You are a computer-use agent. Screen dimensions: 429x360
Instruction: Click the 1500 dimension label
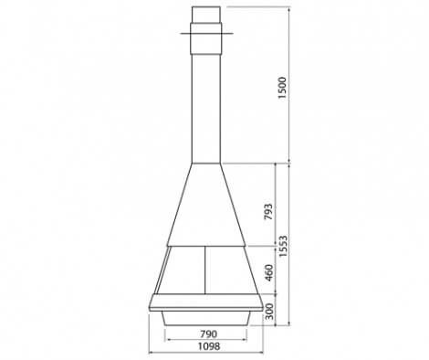click(x=282, y=88)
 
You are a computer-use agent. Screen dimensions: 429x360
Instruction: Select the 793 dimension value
click(x=268, y=212)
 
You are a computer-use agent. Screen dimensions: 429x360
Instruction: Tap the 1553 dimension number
click(x=283, y=246)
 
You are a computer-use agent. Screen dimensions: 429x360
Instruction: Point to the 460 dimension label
click(x=269, y=273)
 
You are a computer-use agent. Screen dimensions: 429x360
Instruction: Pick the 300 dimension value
click(x=269, y=312)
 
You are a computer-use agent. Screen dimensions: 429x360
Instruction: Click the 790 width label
click(x=209, y=334)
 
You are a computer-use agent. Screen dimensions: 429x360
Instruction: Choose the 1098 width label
click(x=209, y=346)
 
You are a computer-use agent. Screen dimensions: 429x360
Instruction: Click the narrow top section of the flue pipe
click(x=206, y=15)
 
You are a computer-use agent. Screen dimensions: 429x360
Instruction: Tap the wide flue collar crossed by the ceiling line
click(x=206, y=38)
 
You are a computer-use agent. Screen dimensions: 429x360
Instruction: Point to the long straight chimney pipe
click(x=206, y=109)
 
